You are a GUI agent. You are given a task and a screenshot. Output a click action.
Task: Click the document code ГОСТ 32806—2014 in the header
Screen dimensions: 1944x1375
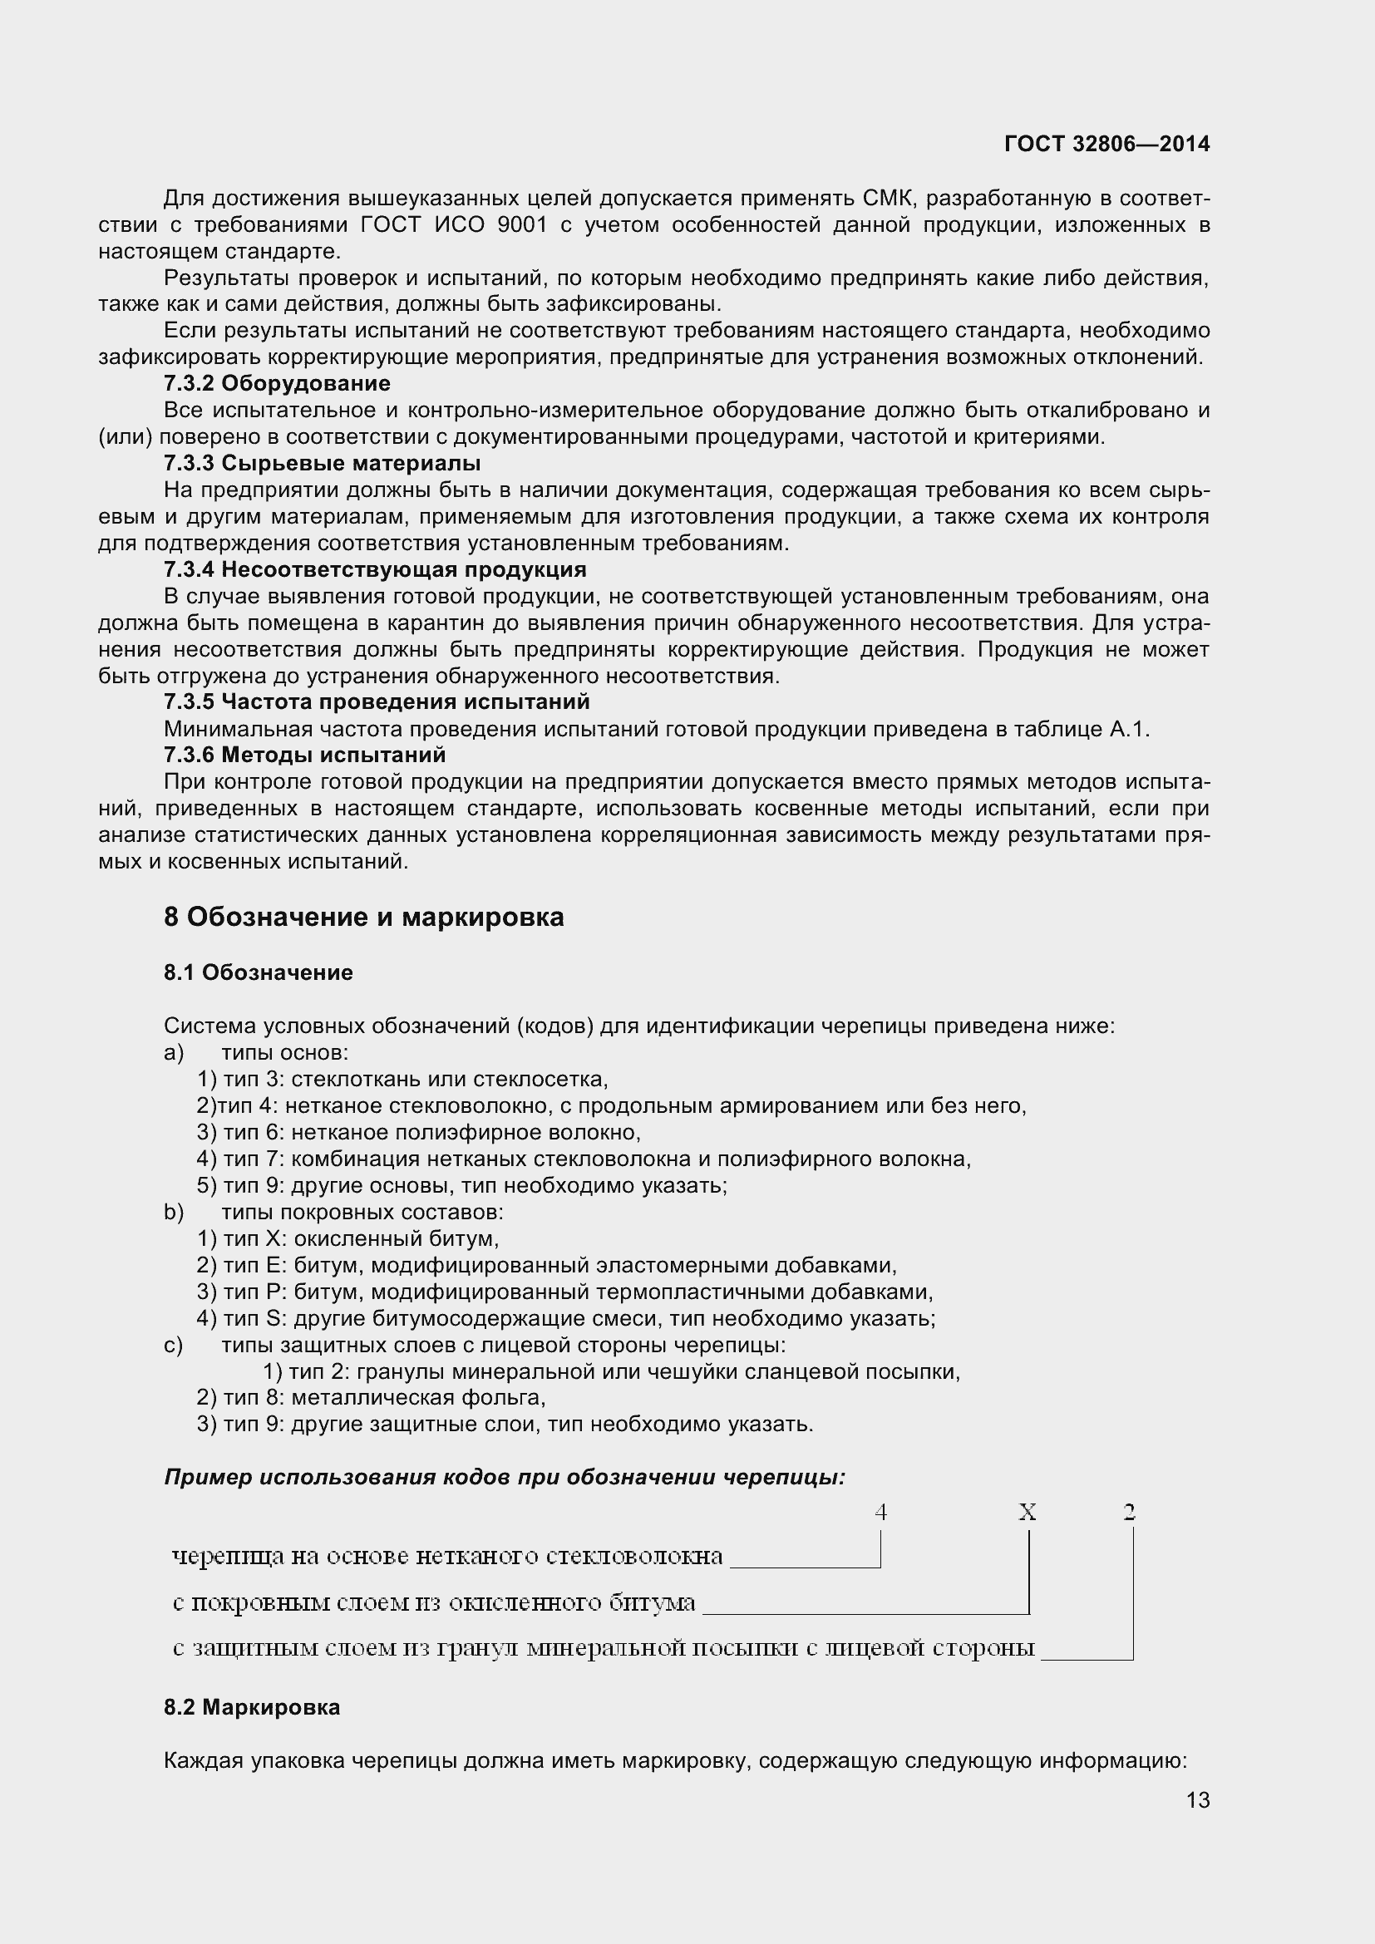coord(1106,145)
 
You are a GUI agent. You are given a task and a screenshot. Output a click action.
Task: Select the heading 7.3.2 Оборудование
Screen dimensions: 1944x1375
coord(277,383)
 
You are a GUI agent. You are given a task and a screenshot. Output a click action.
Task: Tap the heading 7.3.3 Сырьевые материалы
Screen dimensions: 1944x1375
coord(322,463)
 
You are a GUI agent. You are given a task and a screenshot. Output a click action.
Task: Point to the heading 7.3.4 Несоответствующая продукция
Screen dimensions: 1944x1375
coord(375,569)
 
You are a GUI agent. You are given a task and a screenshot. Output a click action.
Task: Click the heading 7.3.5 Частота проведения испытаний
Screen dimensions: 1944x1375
coord(377,702)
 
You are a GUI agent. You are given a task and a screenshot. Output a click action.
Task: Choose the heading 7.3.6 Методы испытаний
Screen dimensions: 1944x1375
coord(305,755)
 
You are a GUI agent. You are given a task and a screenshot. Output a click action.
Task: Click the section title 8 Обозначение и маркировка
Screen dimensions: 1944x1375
coord(364,917)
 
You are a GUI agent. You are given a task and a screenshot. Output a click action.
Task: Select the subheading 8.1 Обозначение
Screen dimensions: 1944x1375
coord(259,972)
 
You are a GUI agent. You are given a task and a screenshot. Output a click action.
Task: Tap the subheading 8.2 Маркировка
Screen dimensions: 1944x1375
coord(253,1707)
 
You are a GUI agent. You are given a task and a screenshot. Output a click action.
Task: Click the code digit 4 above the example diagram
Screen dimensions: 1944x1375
coord(880,1512)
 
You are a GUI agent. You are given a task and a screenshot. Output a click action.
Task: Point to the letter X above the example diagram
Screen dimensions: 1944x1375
coord(1027,1512)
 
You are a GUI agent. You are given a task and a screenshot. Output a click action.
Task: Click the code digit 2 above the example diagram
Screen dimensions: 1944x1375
coord(1129,1512)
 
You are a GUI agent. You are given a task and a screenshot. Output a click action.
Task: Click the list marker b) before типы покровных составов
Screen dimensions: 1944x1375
coord(174,1213)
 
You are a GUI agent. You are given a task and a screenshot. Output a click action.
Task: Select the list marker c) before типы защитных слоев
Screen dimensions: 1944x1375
coord(174,1346)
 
